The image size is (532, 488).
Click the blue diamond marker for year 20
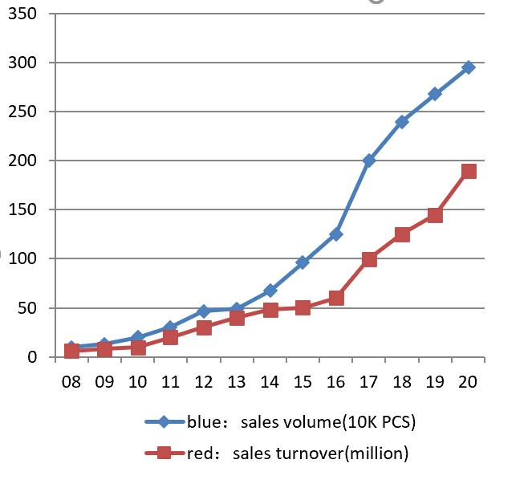(469, 67)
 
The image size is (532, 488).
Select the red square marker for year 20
(469, 171)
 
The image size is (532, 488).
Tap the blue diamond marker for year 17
(369, 161)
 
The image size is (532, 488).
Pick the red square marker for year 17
(369, 259)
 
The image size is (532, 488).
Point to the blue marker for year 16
(336, 234)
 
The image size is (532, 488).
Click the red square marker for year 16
(336, 298)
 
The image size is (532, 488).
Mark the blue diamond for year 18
(402, 122)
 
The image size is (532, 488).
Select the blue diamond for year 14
(270, 291)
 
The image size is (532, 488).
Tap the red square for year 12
(204, 327)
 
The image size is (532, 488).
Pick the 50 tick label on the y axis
(28, 308)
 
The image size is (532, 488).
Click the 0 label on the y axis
(32, 357)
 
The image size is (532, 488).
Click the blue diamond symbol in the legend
(164, 421)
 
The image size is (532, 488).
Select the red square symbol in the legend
(164, 453)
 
